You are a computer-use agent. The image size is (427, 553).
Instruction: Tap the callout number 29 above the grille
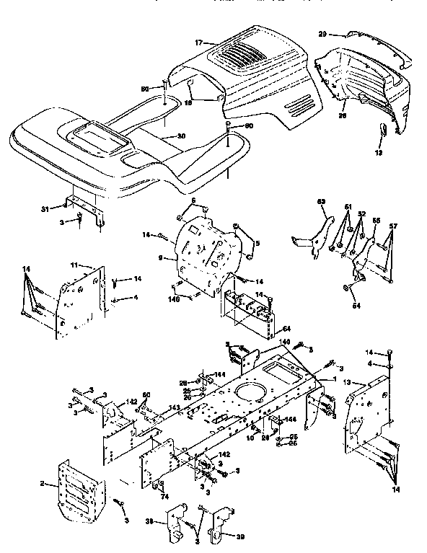322,34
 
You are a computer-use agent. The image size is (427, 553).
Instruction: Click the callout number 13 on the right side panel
348,381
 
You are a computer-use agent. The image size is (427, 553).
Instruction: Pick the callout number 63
322,203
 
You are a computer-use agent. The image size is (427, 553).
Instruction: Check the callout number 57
394,226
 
